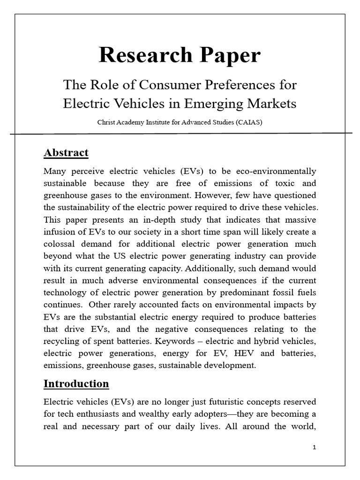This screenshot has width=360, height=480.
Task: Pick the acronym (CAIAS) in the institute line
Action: tap(249, 122)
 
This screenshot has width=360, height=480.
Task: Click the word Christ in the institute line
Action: tap(107, 122)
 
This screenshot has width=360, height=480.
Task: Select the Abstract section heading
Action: tap(66, 153)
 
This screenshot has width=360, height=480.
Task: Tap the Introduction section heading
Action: tap(76, 384)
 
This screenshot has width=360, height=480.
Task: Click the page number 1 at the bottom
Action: tap(315, 448)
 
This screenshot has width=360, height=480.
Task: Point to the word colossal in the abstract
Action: tap(61, 244)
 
